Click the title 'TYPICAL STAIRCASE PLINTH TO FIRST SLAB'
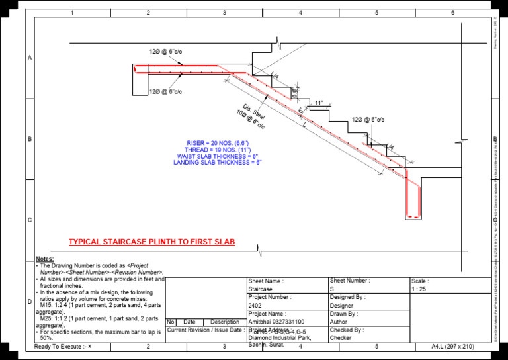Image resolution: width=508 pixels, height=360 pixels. click(152, 242)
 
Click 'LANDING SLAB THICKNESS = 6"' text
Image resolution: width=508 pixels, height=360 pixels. click(217, 162)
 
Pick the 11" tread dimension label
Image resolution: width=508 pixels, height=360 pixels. click(319, 103)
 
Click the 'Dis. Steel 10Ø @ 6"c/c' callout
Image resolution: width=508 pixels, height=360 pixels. click(253, 116)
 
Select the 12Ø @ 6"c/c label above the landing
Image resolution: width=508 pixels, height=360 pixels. click(165, 51)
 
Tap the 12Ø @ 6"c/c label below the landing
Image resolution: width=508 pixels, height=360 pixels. click(165, 91)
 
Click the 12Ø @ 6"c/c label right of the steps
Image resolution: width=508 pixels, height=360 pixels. click(368, 120)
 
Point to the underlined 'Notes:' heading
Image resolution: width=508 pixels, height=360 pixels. click(45, 259)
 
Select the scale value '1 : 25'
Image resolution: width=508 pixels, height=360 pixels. click(419, 289)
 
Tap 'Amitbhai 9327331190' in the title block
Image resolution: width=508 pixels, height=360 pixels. click(276, 322)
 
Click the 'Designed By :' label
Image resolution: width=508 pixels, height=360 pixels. click(348, 297)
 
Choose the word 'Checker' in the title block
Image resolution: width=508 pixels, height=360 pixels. click(341, 337)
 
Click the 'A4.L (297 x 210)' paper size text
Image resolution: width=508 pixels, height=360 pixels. click(454, 346)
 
